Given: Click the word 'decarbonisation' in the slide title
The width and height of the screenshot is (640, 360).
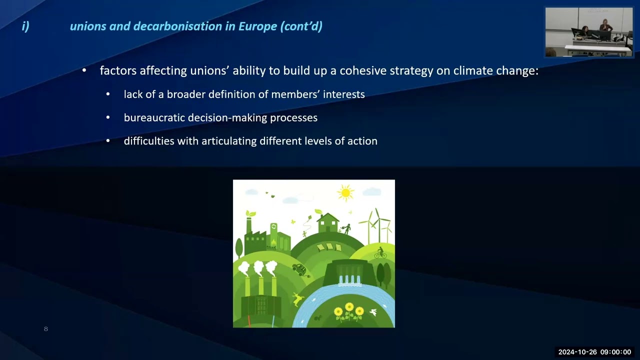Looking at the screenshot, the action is pyautogui.click(x=177, y=26).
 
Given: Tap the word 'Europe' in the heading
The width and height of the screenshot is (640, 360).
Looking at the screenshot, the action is pyautogui.click(x=257, y=26).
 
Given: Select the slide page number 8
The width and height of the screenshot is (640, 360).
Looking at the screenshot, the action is pyautogui.click(x=45, y=329).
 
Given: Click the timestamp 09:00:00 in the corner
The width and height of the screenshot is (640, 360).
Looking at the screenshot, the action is pyautogui.click(x=615, y=352).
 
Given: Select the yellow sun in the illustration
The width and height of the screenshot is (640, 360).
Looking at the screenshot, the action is pyautogui.click(x=345, y=193).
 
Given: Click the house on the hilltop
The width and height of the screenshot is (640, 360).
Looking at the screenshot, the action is pyautogui.click(x=328, y=223).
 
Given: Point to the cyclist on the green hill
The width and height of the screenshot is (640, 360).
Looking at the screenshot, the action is pyautogui.click(x=380, y=253).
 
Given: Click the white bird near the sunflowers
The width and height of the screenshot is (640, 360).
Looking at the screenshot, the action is pyautogui.click(x=373, y=312).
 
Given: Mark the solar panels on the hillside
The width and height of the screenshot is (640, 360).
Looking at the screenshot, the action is pyautogui.click(x=329, y=247).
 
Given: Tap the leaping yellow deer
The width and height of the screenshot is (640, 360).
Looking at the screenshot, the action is pyautogui.click(x=297, y=299).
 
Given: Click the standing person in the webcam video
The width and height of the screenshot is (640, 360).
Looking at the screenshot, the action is pyautogui.click(x=605, y=25).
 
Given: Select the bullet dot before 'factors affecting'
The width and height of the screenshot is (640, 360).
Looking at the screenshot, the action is pyautogui.click(x=84, y=70).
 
